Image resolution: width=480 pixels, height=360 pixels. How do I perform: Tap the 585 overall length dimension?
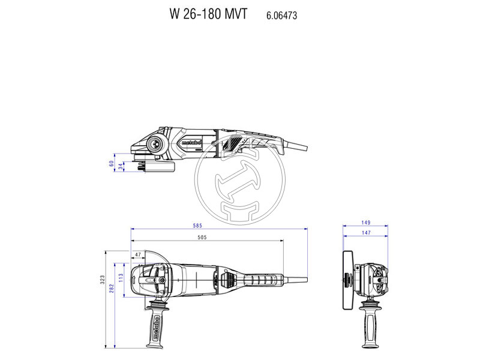pyautogui.click(x=198, y=226)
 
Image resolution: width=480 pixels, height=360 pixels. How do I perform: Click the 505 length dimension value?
pyautogui.click(x=202, y=238)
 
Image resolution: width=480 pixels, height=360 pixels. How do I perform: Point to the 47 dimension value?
pyautogui.click(x=139, y=255)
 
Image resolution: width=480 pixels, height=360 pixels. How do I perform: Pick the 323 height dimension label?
pyautogui.click(x=103, y=280)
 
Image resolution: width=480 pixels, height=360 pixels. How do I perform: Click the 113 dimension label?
pyautogui.click(x=120, y=277)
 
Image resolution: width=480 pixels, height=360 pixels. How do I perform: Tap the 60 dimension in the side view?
pyautogui.click(x=111, y=162)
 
